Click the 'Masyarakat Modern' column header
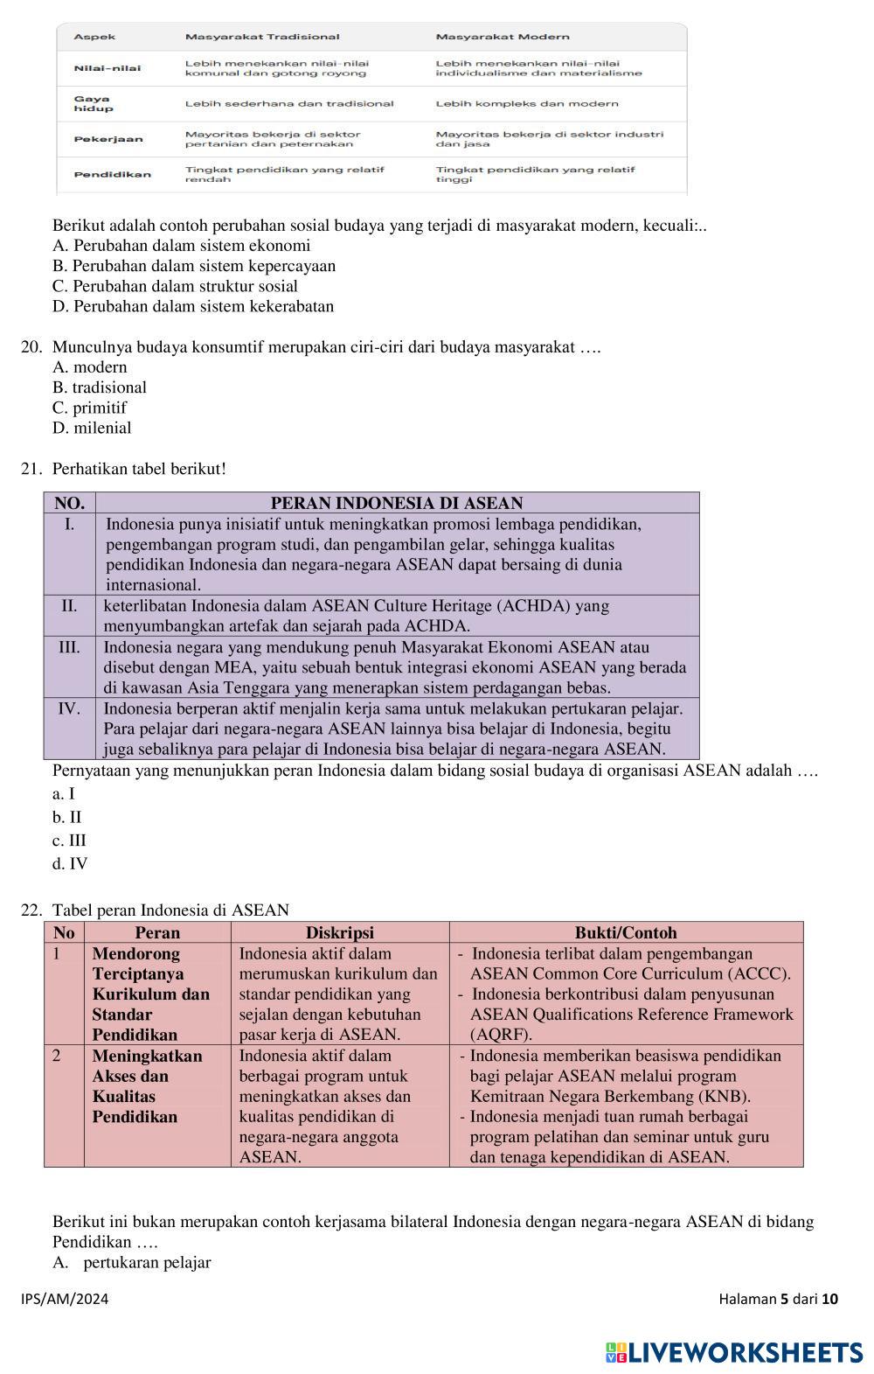(x=503, y=37)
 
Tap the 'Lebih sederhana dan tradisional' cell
(x=289, y=103)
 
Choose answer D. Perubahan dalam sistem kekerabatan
(x=193, y=306)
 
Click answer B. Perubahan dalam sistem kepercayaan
(x=194, y=266)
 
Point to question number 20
(x=31, y=347)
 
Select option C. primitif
(x=89, y=408)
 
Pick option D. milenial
(x=92, y=428)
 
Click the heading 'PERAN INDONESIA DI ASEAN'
(x=397, y=503)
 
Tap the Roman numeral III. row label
(x=69, y=647)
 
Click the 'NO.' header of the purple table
(x=69, y=503)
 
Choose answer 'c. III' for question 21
(x=69, y=840)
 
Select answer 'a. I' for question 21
(x=64, y=794)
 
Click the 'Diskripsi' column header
(x=340, y=932)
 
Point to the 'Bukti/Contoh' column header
(x=626, y=932)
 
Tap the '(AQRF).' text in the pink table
(x=501, y=1035)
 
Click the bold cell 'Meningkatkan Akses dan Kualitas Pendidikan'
(x=147, y=1086)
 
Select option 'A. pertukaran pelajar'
(x=132, y=1262)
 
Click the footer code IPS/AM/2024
(x=66, y=1299)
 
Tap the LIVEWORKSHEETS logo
(x=734, y=1352)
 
